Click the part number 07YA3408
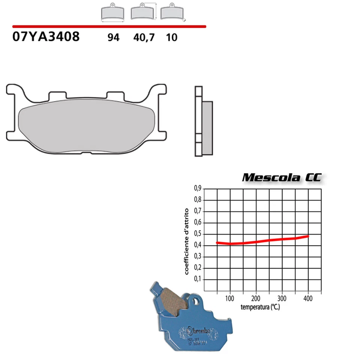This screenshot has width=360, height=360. [x=46, y=37]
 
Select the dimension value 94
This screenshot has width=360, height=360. [x=113, y=37]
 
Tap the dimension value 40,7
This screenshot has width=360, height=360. [x=144, y=37]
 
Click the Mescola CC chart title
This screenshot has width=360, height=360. [x=281, y=177]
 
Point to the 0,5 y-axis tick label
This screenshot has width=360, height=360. [x=198, y=234]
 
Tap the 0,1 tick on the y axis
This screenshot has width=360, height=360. [x=198, y=279]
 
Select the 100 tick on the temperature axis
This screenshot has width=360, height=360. [x=229, y=298]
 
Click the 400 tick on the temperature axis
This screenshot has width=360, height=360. [x=308, y=298]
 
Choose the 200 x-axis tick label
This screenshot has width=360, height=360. [x=256, y=298]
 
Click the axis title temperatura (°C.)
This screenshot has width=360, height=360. [x=260, y=307]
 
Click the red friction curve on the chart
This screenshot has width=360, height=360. [x=262, y=241]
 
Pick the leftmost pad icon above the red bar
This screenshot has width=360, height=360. [x=113, y=13]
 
